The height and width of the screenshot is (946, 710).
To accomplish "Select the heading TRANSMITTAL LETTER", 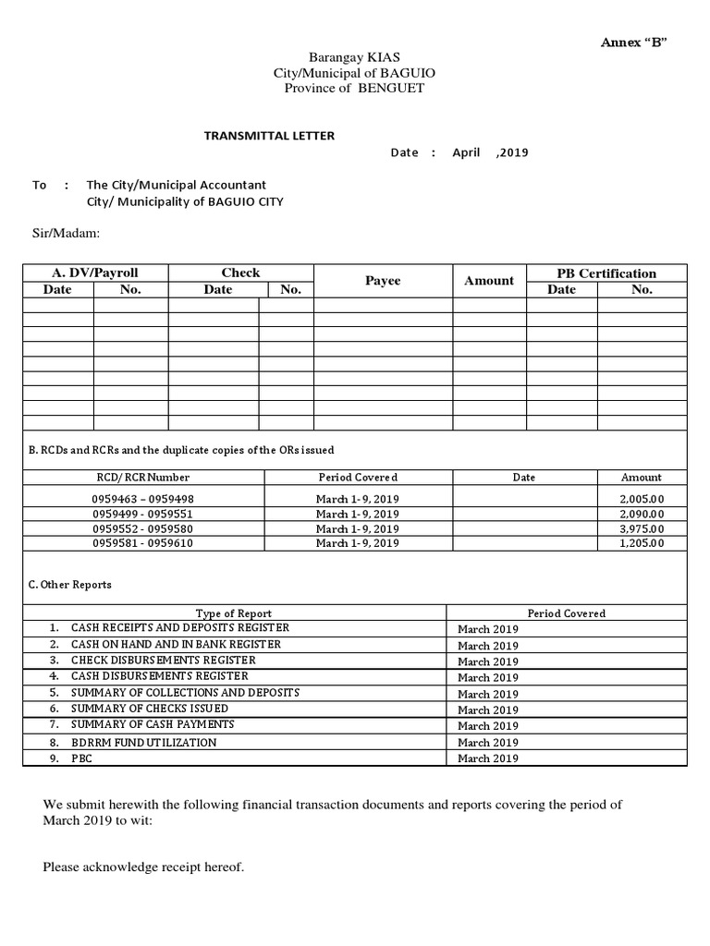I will [x=269, y=136].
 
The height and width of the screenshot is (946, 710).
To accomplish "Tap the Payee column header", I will [x=383, y=281].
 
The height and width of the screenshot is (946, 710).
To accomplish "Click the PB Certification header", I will [x=606, y=273].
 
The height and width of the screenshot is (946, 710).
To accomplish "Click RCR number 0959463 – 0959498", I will [x=143, y=499].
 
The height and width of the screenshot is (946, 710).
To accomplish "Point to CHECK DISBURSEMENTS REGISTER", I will [x=163, y=661].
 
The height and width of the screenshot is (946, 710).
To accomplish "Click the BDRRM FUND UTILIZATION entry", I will [x=143, y=742].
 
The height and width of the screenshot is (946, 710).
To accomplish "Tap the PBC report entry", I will [x=81, y=758].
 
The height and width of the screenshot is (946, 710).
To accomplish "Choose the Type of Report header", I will [x=234, y=613].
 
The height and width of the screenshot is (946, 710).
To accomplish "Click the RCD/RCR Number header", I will [x=143, y=478].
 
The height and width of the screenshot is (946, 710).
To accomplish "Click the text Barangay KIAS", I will [x=348, y=57].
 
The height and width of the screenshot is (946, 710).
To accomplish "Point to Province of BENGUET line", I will [x=348, y=88].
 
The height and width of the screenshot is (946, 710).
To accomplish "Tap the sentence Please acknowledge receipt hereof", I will [x=143, y=867].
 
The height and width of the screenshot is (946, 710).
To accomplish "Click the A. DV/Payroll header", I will [x=93, y=273].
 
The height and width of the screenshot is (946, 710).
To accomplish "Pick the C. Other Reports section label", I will [x=70, y=585].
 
